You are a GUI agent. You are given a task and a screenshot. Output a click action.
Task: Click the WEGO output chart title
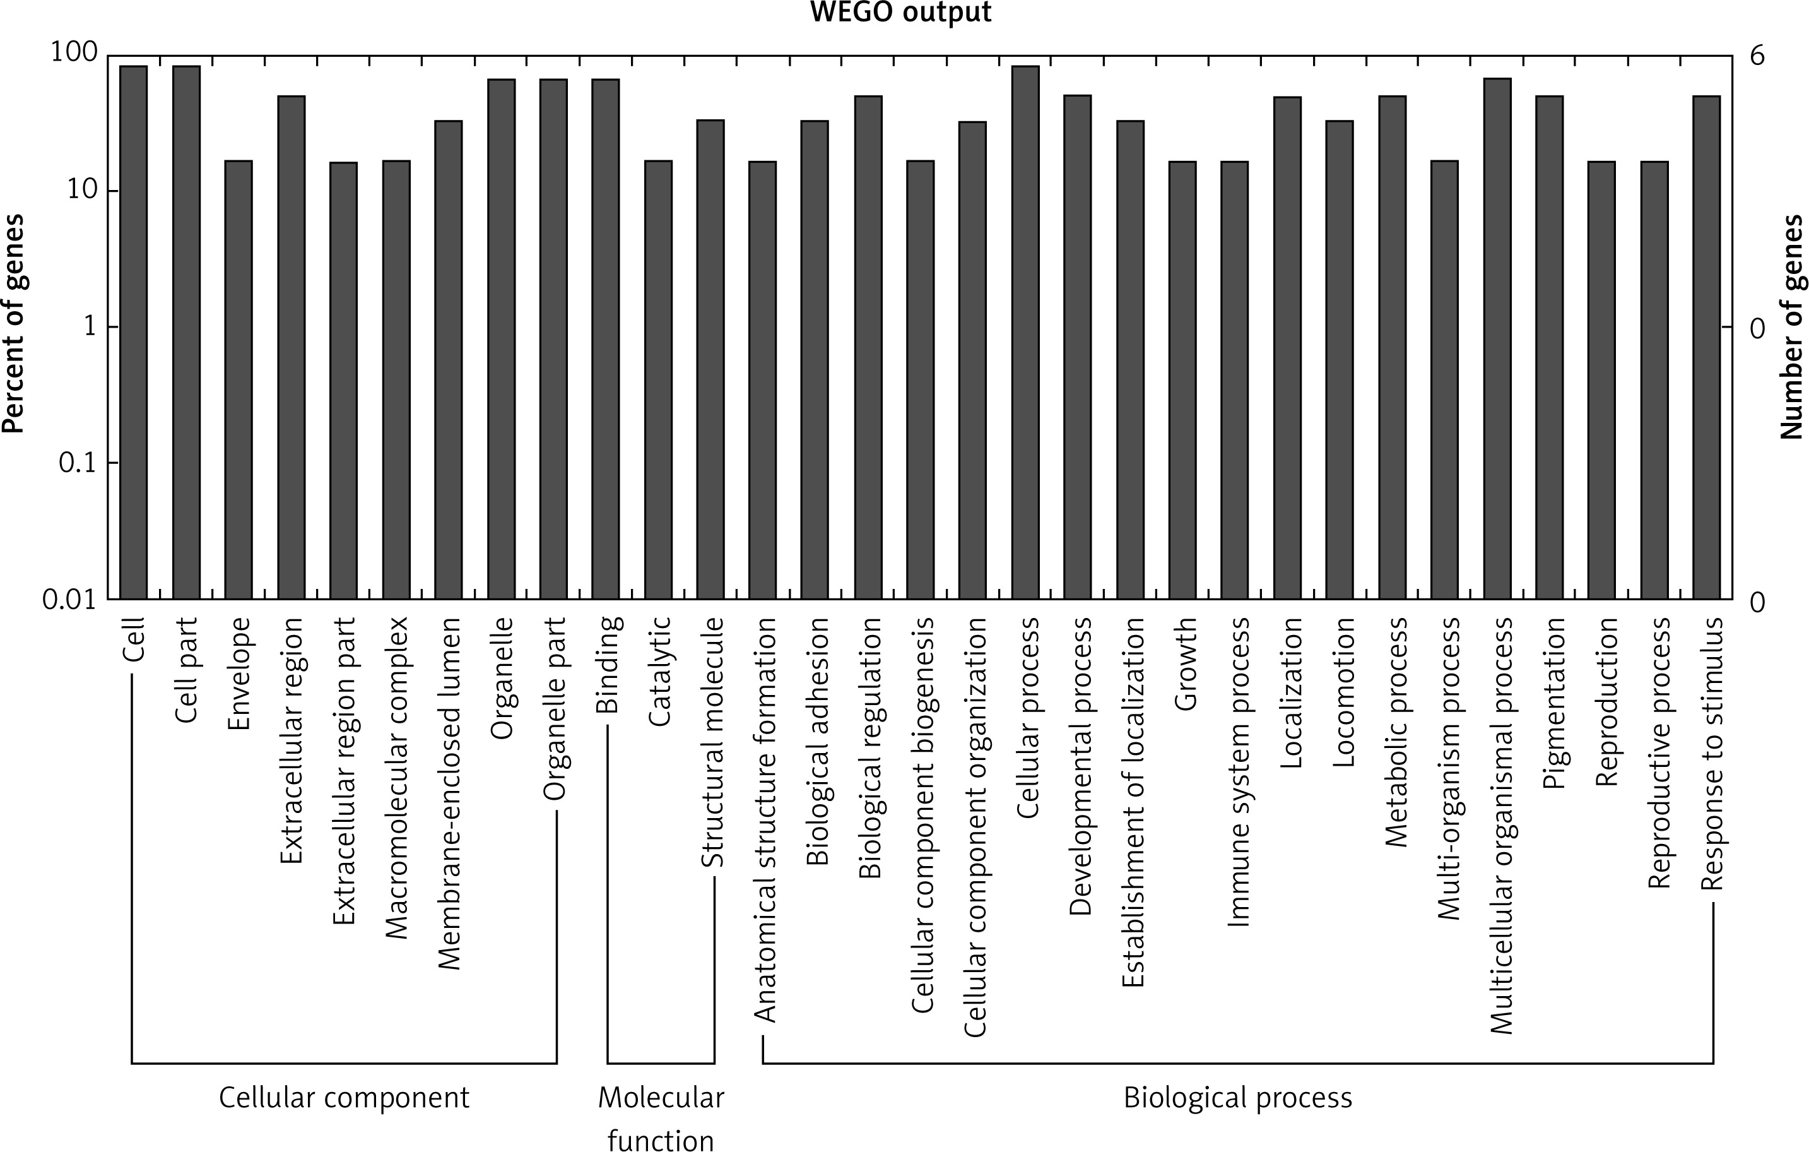click(x=900, y=13)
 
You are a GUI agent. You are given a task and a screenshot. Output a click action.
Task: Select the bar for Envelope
click(x=239, y=379)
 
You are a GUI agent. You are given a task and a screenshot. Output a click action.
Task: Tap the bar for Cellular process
click(x=1025, y=332)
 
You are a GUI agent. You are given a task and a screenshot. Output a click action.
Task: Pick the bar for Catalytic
click(x=659, y=379)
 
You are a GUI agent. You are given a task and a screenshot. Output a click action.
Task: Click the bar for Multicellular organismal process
click(x=1497, y=338)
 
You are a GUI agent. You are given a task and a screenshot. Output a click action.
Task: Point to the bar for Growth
click(x=1182, y=379)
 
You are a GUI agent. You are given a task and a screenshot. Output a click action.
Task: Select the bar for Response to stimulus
click(x=1706, y=347)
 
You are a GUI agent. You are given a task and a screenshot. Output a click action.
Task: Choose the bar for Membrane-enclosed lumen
click(x=449, y=359)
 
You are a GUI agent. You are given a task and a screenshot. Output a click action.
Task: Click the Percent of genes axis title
click(x=13, y=324)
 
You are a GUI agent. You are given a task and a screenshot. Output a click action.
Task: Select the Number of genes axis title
click(x=1792, y=327)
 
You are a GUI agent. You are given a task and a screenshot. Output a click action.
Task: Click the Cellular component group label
click(x=344, y=1098)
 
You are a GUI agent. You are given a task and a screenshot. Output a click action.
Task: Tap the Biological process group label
click(x=1237, y=1098)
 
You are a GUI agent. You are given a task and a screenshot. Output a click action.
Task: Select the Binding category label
click(x=607, y=664)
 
